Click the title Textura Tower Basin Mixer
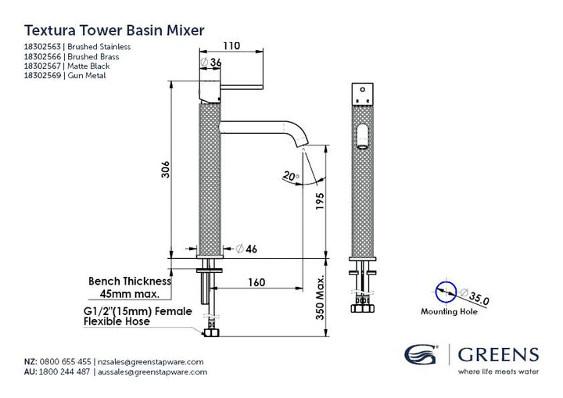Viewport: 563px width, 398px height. coord(114,30)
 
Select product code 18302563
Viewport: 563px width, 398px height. coord(42,47)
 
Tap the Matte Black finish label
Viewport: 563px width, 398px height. coord(88,66)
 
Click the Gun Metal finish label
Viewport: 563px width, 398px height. coord(87,76)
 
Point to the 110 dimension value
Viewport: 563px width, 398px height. coord(231,46)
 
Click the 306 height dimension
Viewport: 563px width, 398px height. coord(165,170)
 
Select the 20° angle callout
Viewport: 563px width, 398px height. coord(290,176)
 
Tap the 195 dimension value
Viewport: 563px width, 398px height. coord(320,202)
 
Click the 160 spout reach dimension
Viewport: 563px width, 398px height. coord(256,282)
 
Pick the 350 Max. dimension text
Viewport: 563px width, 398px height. coord(320,297)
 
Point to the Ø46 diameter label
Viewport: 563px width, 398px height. coord(246,249)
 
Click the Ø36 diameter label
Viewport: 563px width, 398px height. coord(211,62)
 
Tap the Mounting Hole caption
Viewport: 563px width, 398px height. coord(449,311)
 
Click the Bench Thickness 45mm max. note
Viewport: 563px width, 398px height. coord(130,288)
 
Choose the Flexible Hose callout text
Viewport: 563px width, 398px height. coord(117,321)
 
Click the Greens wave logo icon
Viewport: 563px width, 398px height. coord(421,354)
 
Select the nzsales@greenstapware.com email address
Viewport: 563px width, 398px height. coord(151,362)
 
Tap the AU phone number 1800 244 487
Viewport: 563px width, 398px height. coord(64,371)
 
